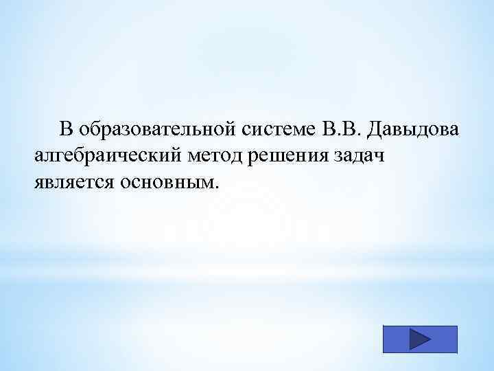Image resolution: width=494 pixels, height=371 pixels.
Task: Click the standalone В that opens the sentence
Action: point(66,129)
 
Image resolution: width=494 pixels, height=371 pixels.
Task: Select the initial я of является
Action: point(38,184)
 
